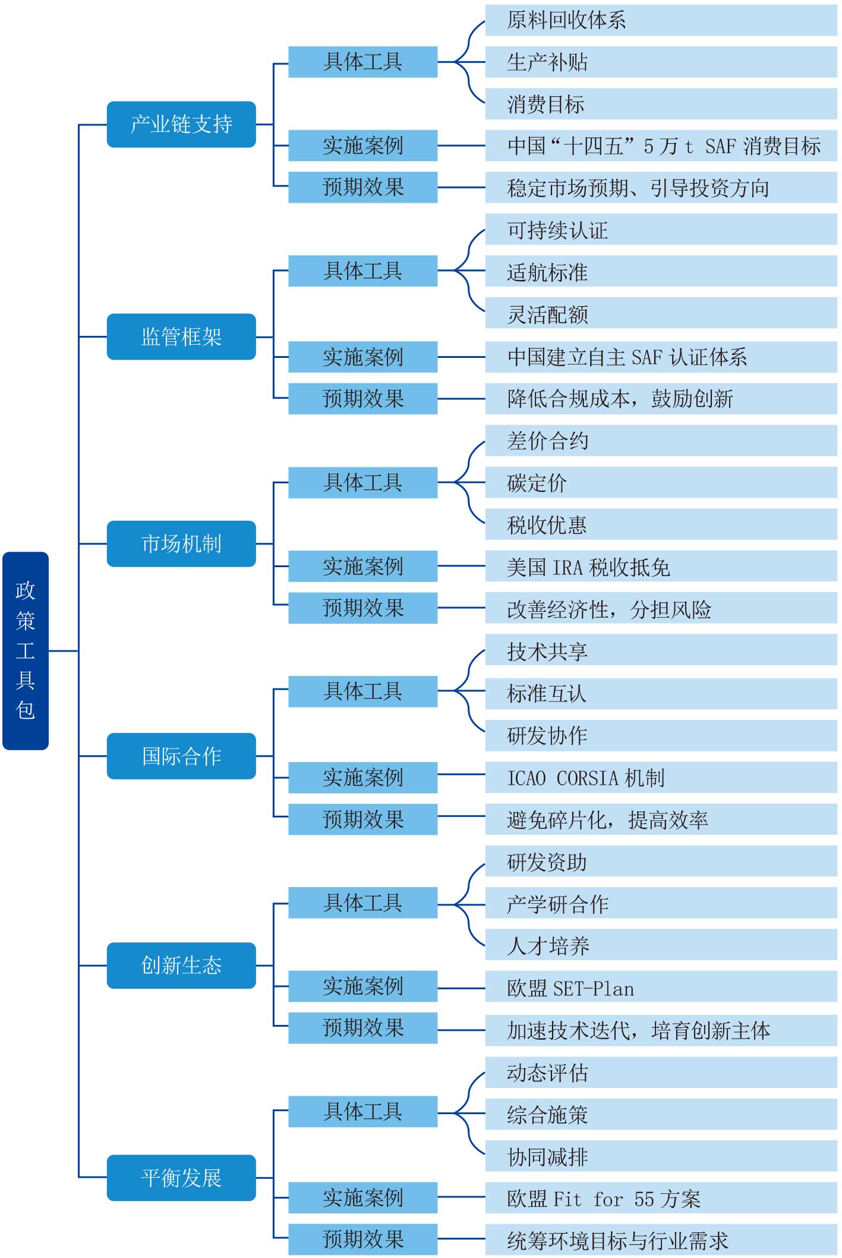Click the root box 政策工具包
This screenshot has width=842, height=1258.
pyautogui.click(x=26, y=650)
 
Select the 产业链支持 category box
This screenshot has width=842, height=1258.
pyautogui.click(x=181, y=124)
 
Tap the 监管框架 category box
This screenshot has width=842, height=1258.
pyautogui.click(x=181, y=336)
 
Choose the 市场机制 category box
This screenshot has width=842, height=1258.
pyautogui.click(x=181, y=543)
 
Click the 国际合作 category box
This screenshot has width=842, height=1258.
pyautogui.click(x=181, y=756)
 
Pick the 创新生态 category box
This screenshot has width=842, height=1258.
pyautogui.click(x=181, y=965)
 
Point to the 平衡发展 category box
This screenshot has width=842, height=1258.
pyautogui.click(x=181, y=1177)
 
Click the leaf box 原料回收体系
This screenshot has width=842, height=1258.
pyautogui.click(x=661, y=20)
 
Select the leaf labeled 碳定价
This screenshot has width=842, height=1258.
pyautogui.click(x=661, y=483)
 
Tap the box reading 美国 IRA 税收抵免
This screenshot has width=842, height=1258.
pyautogui.click(x=661, y=567)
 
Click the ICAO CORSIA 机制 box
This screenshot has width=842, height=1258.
pyautogui.click(x=661, y=778)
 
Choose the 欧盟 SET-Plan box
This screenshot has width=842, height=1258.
pyautogui.click(x=661, y=988)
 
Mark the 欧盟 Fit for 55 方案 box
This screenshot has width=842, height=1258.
pyautogui.click(x=661, y=1199)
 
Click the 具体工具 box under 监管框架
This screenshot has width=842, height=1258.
pyautogui.click(x=362, y=271)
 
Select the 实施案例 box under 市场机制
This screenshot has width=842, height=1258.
pyautogui.click(x=362, y=566)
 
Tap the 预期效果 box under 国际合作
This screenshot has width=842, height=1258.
pyautogui.click(x=362, y=819)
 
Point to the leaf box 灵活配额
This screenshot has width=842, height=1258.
pyautogui.click(x=661, y=314)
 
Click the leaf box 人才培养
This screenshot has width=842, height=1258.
pyautogui.click(x=661, y=945)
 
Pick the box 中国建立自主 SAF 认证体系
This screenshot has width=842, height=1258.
pyautogui.click(x=661, y=357)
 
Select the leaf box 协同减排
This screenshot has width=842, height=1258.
pyautogui.click(x=661, y=1156)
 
